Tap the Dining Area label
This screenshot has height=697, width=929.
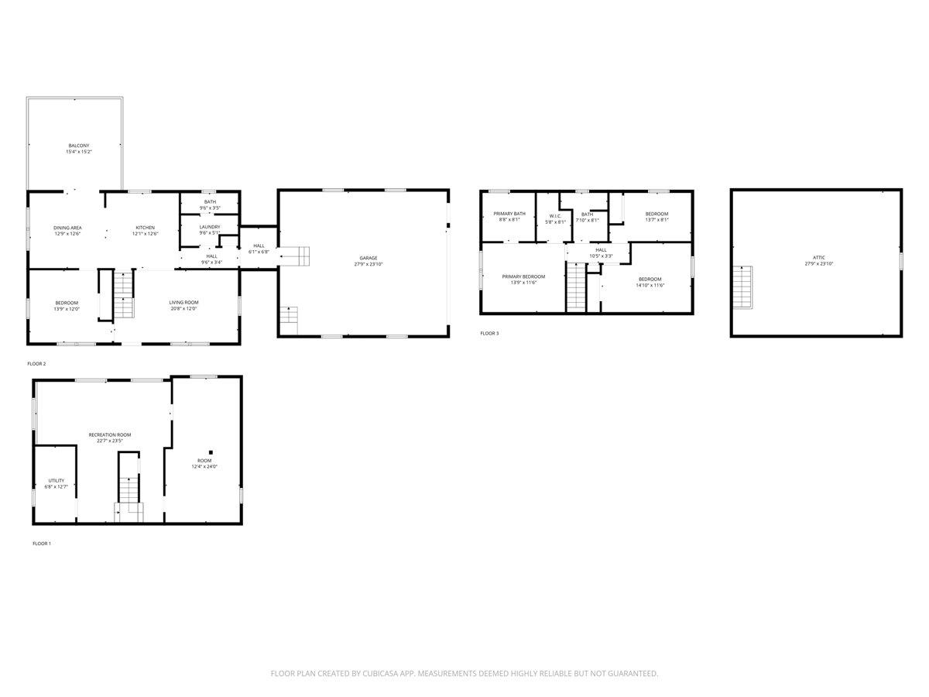pyautogui.click(x=68, y=228)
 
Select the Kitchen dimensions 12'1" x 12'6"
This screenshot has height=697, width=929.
pyautogui.click(x=145, y=234)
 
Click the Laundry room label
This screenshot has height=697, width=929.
pyautogui.click(x=209, y=227)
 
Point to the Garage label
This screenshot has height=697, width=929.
pyautogui.click(x=368, y=258)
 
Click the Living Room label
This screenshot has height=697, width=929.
pyautogui.click(x=184, y=302)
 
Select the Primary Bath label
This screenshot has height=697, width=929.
pyautogui.click(x=509, y=213)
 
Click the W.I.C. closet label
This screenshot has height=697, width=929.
pyautogui.click(x=555, y=216)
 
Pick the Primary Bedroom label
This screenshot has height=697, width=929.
pyautogui.click(x=523, y=276)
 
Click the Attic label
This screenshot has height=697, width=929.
pyautogui.click(x=819, y=257)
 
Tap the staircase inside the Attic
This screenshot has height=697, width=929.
pyautogui.click(x=742, y=287)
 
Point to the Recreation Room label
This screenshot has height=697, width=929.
pyautogui.click(x=110, y=434)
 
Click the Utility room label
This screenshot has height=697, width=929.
pyautogui.click(x=57, y=480)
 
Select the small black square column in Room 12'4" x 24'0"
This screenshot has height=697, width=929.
pyautogui.click(x=210, y=452)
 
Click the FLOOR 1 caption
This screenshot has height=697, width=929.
pyautogui.click(x=42, y=544)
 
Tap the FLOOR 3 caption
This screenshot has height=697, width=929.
pyautogui.click(x=489, y=333)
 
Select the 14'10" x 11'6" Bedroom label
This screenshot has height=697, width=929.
pyautogui.click(x=650, y=279)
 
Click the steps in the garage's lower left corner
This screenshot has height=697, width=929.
pyautogui.click(x=288, y=319)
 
